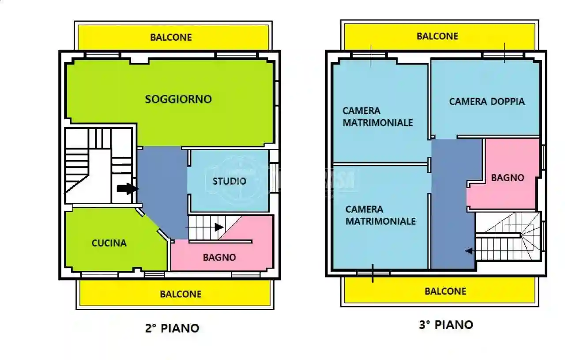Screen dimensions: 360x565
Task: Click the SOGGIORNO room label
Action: [x=178, y=99]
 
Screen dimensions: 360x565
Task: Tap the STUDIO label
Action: [x=229, y=181]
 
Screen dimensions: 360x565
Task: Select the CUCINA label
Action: [x=109, y=243]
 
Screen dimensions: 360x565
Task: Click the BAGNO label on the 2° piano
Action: [x=219, y=257]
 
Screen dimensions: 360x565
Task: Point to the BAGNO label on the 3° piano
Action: [x=508, y=178]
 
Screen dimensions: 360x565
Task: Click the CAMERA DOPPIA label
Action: [x=487, y=102]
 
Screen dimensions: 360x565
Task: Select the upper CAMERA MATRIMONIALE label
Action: [x=378, y=117]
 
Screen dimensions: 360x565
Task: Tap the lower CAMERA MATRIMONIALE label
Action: [x=380, y=215]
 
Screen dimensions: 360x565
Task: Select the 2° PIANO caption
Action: [x=172, y=328]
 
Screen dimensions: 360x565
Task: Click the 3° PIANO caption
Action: [x=446, y=325]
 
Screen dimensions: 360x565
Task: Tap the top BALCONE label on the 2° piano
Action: [x=171, y=37]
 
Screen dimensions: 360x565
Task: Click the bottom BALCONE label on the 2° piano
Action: [x=181, y=294]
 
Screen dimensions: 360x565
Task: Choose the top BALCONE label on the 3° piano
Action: [x=437, y=36]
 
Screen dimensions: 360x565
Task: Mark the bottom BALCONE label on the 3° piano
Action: [x=445, y=291]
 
